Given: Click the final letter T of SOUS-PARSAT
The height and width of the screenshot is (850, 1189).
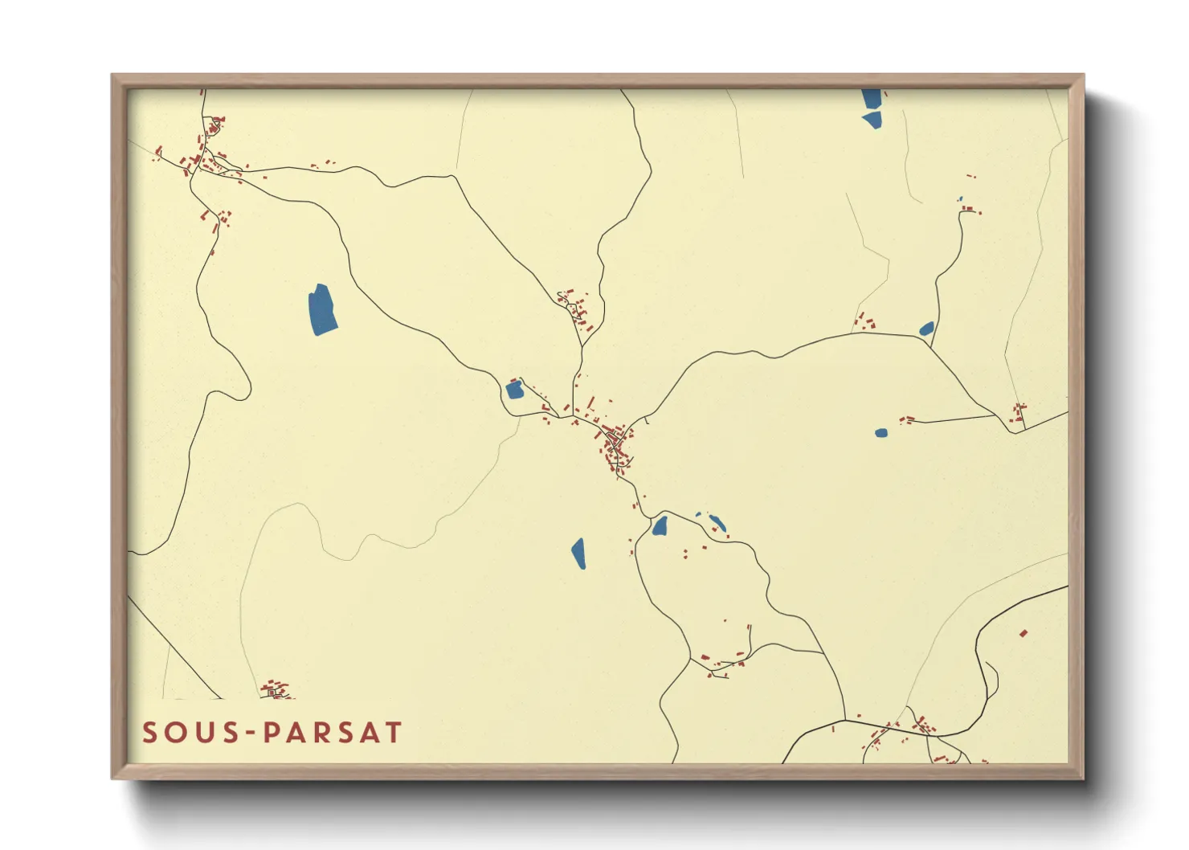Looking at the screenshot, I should pos(393,733).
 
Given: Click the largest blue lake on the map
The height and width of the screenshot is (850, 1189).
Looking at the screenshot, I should pos(323,309).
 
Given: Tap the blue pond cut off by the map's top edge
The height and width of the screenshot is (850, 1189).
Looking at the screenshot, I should pos(871,98).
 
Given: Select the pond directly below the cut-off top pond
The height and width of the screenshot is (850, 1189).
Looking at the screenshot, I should pos(872,121).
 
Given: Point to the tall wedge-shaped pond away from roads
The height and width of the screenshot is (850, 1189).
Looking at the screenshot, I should pos(578,554).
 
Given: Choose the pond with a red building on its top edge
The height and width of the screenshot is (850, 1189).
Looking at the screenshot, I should pos(514,390).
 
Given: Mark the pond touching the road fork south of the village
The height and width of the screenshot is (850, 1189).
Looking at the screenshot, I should pos(660,526).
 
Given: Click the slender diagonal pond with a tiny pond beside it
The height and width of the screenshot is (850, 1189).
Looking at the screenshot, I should pos(716,524).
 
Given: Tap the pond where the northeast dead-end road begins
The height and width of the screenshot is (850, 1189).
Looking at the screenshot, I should pos(926,329).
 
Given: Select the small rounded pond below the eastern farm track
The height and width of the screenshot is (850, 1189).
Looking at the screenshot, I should pos(881,433).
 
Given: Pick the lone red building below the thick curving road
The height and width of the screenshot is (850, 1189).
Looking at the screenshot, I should pos(1024,633).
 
